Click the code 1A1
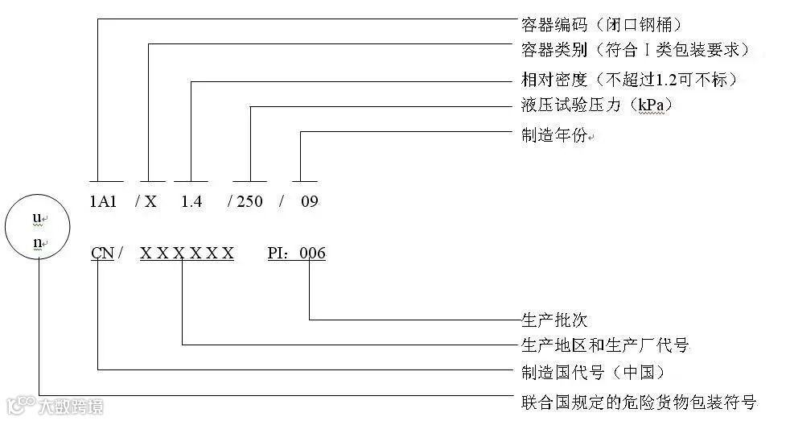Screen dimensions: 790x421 pyautogui.click(x=104, y=201)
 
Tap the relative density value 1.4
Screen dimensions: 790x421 pyautogui.click(x=191, y=201)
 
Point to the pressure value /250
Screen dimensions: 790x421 pyautogui.click(x=245, y=201)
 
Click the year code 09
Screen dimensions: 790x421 pyautogui.click(x=309, y=201)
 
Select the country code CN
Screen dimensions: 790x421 pyautogui.click(x=102, y=254)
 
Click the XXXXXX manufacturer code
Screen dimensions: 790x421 pyautogui.click(x=187, y=254)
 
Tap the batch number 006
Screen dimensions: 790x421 pyautogui.click(x=313, y=254)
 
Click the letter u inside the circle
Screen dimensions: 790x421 pyautogui.click(x=36, y=218)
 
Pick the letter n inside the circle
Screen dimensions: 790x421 pyautogui.click(x=36, y=242)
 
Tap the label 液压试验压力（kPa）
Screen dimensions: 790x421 pyautogui.click(x=596, y=105)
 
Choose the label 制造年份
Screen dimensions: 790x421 pyautogui.click(x=555, y=134)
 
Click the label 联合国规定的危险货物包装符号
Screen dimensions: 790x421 pyautogui.click(x=639, y=401)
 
